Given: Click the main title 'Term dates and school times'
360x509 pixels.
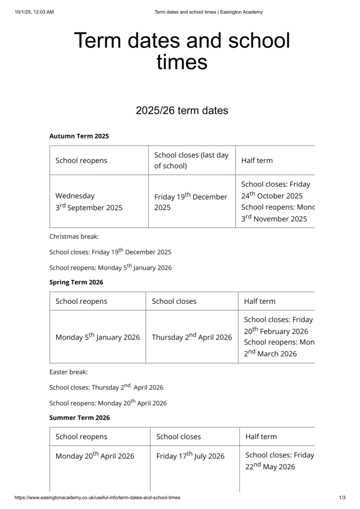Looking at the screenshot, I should tap(181, 51).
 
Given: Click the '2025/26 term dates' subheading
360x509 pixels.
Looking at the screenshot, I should tap(181, 110).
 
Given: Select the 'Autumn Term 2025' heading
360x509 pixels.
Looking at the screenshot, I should tap(79, 136).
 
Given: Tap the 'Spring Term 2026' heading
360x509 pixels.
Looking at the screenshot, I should tap(76, 282).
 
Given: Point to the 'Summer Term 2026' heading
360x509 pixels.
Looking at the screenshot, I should tap(80, 418).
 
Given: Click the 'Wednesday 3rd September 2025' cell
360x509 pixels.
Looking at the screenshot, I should tap(89, 202).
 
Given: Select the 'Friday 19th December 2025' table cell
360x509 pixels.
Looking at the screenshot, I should tap(190, 202).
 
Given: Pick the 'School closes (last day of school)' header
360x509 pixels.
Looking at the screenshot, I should tap(191, 160).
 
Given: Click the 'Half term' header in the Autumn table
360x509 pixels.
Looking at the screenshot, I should tap(257, 160).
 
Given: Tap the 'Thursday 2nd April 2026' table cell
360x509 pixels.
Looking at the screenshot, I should tap(191, 337).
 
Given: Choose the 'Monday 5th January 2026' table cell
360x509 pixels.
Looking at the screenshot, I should tap(97, 337).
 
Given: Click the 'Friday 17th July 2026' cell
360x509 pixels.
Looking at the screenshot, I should tap(190, 456).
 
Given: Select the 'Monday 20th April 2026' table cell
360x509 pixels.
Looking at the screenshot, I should tap(94, 456).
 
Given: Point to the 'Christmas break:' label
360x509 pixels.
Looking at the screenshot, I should tap(74, 237).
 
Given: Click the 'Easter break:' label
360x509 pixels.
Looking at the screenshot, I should tap(69, 372).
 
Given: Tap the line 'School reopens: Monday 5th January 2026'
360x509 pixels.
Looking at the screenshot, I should tap(110, 267).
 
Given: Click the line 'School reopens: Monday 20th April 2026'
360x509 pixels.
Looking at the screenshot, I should tap(108, 403).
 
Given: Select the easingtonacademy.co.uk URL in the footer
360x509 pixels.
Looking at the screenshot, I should tap(97, 498).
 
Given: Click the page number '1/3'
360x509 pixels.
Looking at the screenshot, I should tap(342, 498).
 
